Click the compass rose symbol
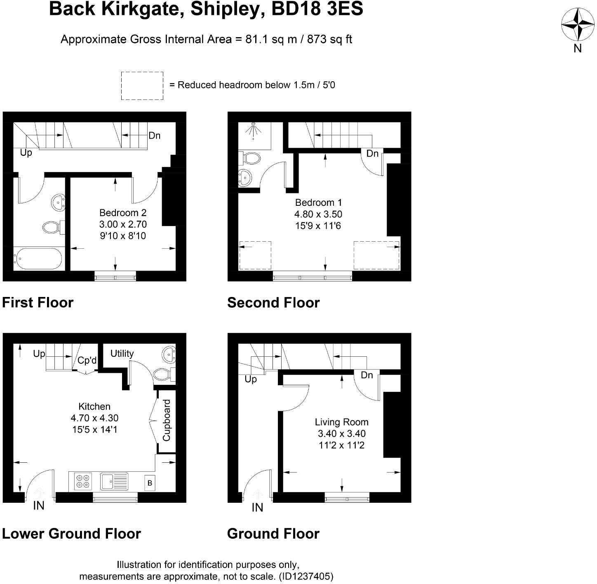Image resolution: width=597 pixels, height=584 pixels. point(577,24)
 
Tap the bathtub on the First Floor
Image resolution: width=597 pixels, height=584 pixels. point(38,259)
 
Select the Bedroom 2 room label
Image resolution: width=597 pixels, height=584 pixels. point(123,213)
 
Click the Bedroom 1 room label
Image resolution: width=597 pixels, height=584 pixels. point(318,203)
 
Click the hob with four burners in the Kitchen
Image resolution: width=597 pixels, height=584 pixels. point(83,481)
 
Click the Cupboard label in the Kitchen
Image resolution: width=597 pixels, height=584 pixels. point(167,420)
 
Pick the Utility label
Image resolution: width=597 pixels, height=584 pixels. point(122,353)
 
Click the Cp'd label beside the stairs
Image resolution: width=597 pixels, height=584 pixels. point(87,360)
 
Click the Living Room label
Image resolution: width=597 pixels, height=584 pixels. point(341,422)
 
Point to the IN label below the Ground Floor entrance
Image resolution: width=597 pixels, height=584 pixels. point(257,507)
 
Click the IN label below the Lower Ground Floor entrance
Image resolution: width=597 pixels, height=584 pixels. point(39,506)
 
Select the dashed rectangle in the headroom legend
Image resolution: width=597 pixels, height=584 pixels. point(142,86)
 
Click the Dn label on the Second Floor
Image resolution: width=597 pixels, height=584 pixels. point(372,153)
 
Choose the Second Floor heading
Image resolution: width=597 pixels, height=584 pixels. point(273,303)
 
